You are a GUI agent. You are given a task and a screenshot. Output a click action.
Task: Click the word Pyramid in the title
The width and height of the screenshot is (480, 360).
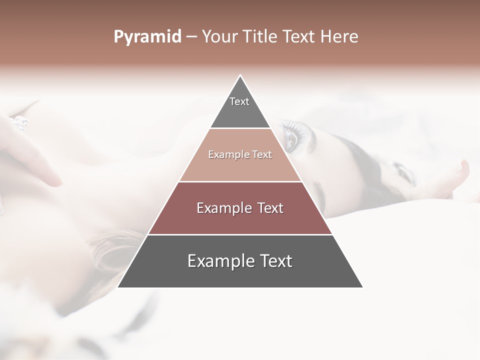pyautogui.click(x=147, y=37)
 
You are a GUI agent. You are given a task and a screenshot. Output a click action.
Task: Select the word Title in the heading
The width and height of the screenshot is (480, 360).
pyautogui.click(x=259, y=37)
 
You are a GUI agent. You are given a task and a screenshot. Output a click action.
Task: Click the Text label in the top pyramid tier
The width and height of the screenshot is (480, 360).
pyautogui.click(x=239, y=101)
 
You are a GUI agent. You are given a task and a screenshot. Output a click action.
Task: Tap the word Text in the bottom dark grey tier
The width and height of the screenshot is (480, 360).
pyautogui.click(x=276, y=261)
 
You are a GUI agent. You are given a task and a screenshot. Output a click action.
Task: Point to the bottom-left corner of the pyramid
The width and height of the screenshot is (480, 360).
pyautogui.click(x=118, y=287)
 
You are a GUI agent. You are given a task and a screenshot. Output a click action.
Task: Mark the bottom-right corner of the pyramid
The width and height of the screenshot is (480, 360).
pyautogui.click(x=362, y=287)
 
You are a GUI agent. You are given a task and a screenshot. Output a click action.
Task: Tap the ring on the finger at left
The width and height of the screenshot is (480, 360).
pyautogui.click(x=20, y=122)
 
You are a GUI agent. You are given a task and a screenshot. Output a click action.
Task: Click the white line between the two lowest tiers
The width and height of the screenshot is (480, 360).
pyautogui.click(x=240, y=234)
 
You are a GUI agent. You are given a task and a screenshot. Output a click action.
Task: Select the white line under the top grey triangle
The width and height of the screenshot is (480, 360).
pyautogui.click(x=240, y=128)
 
